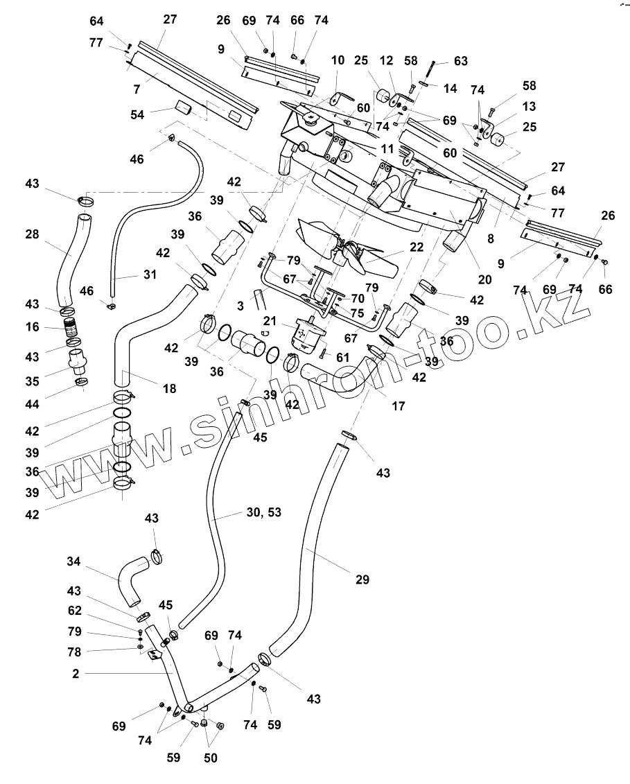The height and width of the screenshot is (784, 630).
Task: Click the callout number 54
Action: pyautogui.click(x=137, y=114)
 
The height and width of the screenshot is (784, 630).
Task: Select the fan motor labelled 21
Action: pyautogui.click(x=306, y=333)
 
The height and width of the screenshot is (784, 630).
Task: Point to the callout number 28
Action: pyautogui.click(x=32, y=234)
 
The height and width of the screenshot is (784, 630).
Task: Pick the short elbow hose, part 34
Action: pyautogui.click(x=132, y=580)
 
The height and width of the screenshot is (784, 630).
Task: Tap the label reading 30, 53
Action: pyautogui.click(x=264, y=512)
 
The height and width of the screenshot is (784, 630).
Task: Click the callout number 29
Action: pyautogui.click(x=362, y=580)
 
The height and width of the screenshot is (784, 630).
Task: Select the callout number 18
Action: pyautogui.click(x=170, y=388)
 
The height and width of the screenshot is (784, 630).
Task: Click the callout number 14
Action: pyautogui.click(x=450, y=89)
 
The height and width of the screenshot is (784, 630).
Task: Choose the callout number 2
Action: pyautogui.click(x=76, y=674)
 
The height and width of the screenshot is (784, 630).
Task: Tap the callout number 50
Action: pyautogui.click(x=211, y=758)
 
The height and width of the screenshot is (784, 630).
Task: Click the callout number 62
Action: pyautogui.click(x=74, y=611)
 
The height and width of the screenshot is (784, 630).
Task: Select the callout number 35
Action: pyautogui.click(x=32, y=381)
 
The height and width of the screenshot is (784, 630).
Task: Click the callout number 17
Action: pyautogui.click(x=398, y=406)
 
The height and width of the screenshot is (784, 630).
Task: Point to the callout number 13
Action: pyautogui.click(x=529, y=106)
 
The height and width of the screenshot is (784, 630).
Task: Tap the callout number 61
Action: pyautogui.click(x=342, y=358)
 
